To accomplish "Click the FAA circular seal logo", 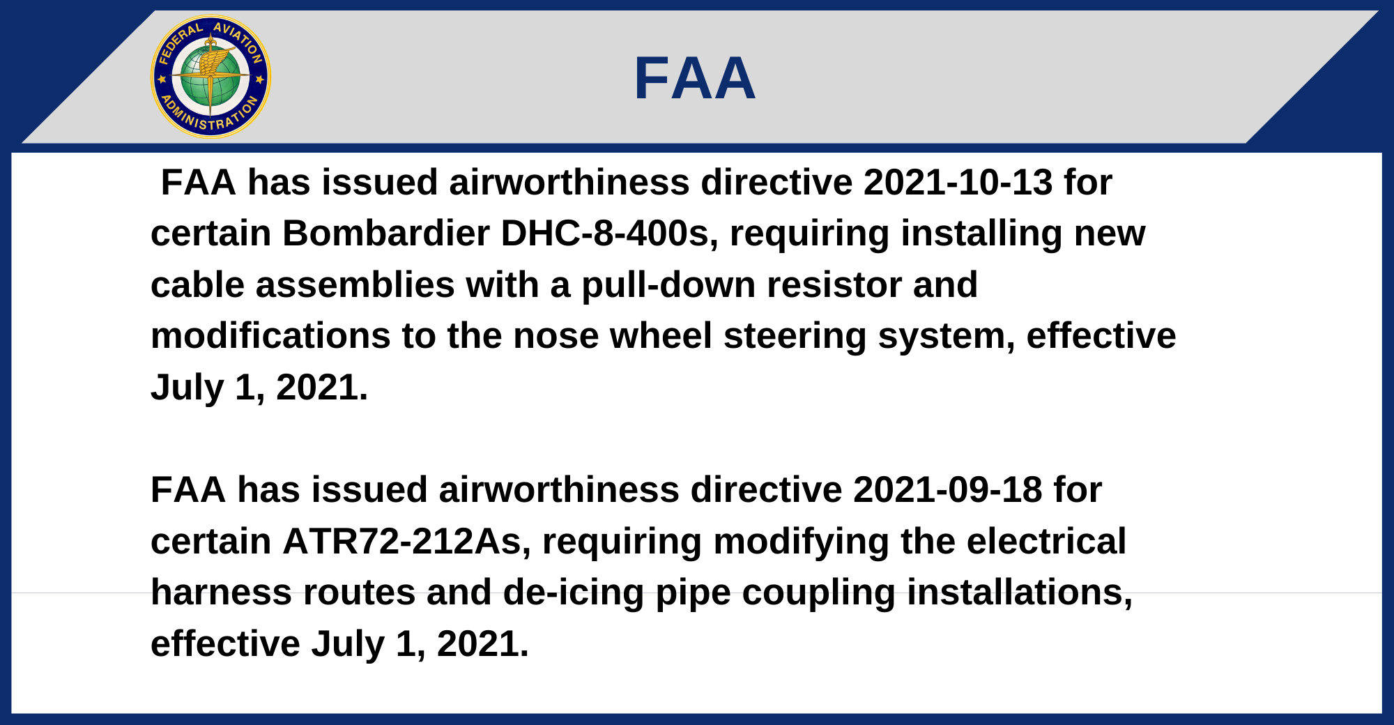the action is tap(210, 77).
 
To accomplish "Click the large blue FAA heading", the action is tap(695, 78).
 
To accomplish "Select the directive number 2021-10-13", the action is tap(958, 183).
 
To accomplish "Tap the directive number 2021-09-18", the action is tap(948, 490).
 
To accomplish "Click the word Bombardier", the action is tap(386, 234).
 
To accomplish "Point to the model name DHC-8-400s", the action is tap(609, 234).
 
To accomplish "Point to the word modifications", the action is tap(270, 336).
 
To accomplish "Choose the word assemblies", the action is tap(355, 285).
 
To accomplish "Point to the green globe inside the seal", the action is tap(210, 77).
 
